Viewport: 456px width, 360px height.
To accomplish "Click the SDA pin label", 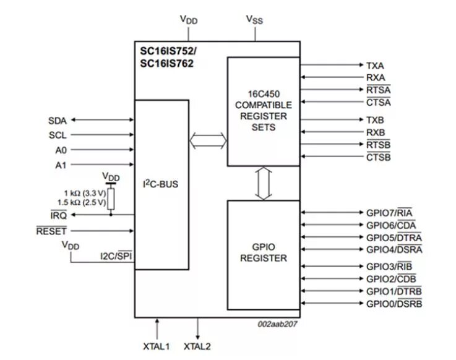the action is [58, 121].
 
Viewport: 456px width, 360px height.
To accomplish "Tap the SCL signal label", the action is [58, 135].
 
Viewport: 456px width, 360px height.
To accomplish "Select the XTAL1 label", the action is [156, 346].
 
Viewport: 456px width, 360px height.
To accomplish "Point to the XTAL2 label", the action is [197, 346].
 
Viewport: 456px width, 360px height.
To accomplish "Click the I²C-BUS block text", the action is [160, 184].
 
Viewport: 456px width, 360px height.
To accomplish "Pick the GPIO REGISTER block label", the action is [264, 252].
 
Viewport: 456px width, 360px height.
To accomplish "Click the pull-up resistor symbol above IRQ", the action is [111, 199].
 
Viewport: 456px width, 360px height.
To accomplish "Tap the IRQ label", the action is [59, 215].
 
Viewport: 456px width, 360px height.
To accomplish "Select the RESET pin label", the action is [51, 231].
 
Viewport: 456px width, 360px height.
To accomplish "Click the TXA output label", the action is [375, 66].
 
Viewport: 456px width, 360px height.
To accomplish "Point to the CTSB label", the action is [379, 157].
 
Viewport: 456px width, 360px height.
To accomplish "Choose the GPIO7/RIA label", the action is [389, 213].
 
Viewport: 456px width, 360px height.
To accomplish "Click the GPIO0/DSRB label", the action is [394, 304].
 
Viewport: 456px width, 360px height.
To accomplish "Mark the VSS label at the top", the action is [254, 20].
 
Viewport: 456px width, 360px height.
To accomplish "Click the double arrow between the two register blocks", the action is [264, 183].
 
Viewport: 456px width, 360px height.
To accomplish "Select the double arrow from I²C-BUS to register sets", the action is [208, 141].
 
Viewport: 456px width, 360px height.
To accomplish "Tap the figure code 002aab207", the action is [277, 324].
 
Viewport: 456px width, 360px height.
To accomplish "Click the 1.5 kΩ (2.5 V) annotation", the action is [82, 202].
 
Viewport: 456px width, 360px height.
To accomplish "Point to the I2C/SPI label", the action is [116, 256].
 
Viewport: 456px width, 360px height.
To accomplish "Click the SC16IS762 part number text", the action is [166, 63].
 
